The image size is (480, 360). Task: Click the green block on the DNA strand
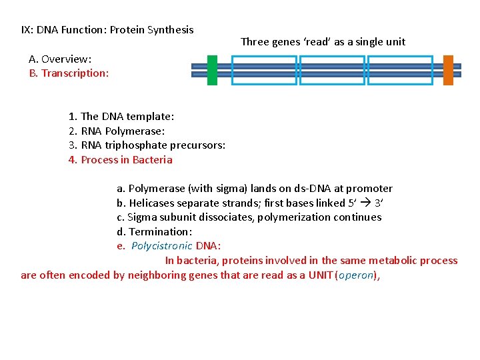(212, 70)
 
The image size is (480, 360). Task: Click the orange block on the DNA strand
(448, 70)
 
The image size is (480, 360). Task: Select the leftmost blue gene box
(264, 70)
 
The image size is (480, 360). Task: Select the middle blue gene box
(332, 70)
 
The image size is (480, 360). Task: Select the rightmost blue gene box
(400, 70)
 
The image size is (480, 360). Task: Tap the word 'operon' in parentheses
(356, 275)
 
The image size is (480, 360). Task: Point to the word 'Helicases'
(152, 203)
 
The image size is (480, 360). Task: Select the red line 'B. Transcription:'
(69, 73)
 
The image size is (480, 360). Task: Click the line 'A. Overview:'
(60, 59)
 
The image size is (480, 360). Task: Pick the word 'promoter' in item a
(372, 188)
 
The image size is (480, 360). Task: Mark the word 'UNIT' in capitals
(321, 275)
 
